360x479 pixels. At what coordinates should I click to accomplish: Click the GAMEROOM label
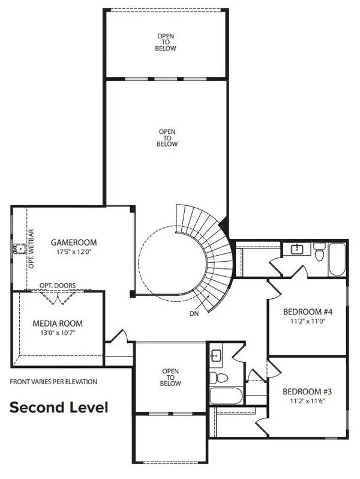coord(74,243)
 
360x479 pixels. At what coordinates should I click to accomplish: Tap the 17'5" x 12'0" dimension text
coord(74,252)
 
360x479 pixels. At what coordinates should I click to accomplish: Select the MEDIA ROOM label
coord(58,323)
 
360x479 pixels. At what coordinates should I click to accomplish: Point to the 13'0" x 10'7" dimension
coord(58,333)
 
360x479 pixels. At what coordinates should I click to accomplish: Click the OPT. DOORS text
coord(58,286)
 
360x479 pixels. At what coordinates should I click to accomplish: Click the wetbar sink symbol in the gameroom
coord(20,247)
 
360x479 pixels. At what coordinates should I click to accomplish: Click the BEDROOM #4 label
coord(307,312)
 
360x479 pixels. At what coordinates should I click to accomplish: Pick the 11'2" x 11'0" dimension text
coord(307,321)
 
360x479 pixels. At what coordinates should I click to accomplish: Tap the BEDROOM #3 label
coord(307,391)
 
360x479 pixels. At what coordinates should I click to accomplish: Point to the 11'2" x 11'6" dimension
coord(307,401)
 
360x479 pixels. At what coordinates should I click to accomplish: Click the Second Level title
coord(58,408)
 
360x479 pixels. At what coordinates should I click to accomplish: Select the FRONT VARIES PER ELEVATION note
coord(53,382)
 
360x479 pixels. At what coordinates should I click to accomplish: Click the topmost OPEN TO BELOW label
coord(166,43)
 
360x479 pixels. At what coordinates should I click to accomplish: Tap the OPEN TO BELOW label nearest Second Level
coord(170,378)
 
